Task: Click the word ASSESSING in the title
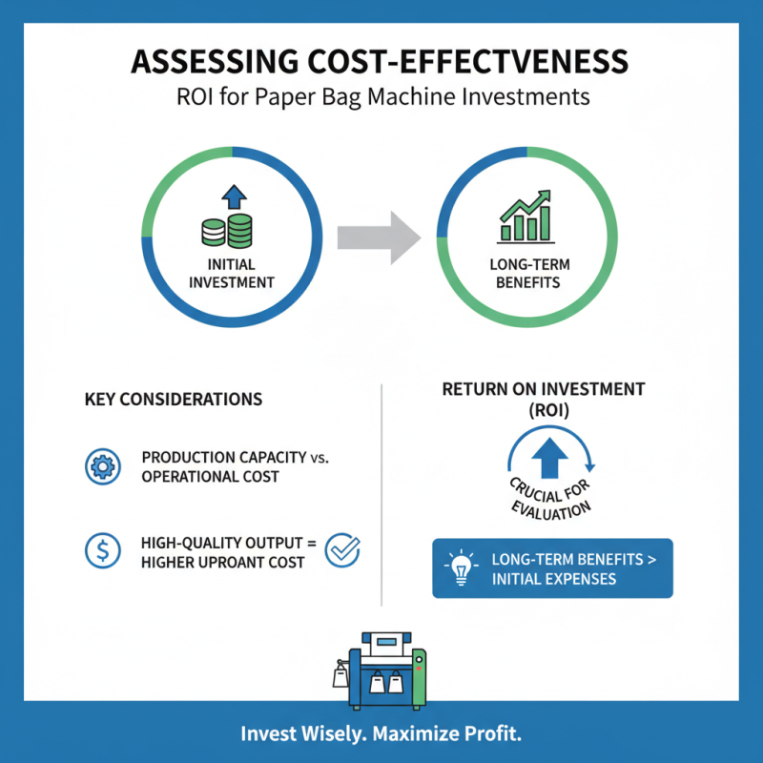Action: [x=215, y=61]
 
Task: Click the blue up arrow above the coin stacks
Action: [x=234, y=197]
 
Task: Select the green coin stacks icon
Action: [x=227, y=231]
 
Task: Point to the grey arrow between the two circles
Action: [x=379, y=237]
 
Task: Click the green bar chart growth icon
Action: [x=526, y=217]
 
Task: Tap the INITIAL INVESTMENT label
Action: [x=232, y=274]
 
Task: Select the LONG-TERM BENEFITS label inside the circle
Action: [x=529, y=274]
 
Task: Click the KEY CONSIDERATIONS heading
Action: [x=174, y=400]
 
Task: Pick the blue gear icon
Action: [x=103, y=466]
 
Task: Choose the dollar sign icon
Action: [x=103, y=551]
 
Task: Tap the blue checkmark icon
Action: [x=342, y=550]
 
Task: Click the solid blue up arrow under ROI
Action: [x=549, y=458]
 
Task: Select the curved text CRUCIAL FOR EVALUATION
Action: [x=550, y=499]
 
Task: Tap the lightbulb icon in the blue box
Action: [x=461, y=567]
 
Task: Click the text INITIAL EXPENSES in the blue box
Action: [x=554, y=579]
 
